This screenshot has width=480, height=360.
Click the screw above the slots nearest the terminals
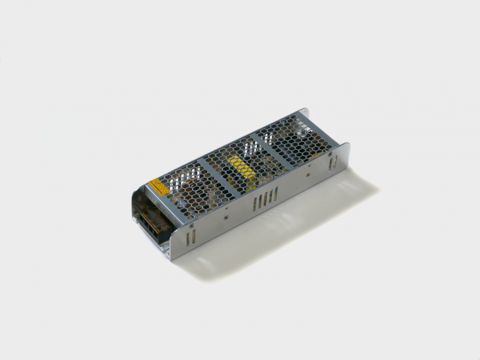tap(192, 226)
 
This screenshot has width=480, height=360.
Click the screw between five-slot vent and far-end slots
tap(308, 174)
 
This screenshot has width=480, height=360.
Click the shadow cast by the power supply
tap(277, 232)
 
